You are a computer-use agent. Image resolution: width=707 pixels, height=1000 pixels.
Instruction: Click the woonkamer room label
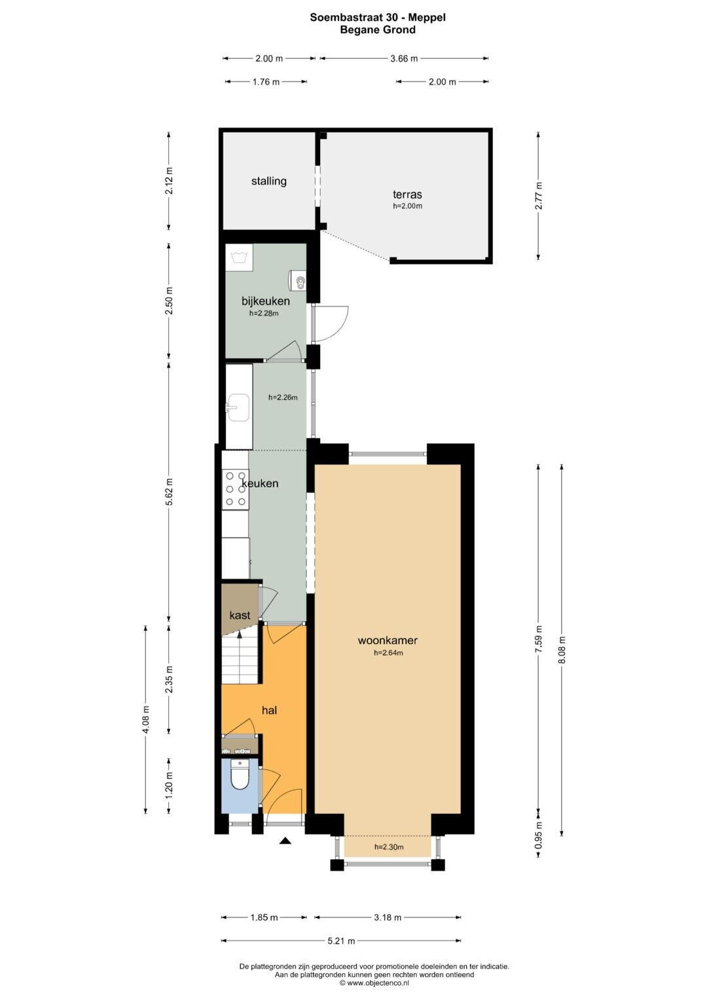388,640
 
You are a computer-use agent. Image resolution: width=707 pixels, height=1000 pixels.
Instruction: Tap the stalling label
268,181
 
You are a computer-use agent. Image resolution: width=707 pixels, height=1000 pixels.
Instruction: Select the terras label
407,194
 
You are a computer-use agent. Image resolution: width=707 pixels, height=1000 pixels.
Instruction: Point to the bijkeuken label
266,301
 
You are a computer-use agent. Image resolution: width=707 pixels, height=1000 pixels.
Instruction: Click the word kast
240,615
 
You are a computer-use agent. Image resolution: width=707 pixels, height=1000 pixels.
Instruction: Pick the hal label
269,710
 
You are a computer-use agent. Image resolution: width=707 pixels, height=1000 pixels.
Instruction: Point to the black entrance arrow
285,841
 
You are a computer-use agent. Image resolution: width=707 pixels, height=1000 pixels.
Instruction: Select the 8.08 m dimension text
562,650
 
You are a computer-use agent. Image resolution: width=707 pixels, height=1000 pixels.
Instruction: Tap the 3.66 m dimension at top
404,58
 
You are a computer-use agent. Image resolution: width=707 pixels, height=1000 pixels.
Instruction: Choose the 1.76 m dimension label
266,82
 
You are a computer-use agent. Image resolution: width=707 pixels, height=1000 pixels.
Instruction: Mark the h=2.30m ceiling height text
389,847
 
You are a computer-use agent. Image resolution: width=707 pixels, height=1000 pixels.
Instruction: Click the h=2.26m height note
283,398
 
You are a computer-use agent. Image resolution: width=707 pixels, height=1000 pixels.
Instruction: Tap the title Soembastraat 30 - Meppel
378,18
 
